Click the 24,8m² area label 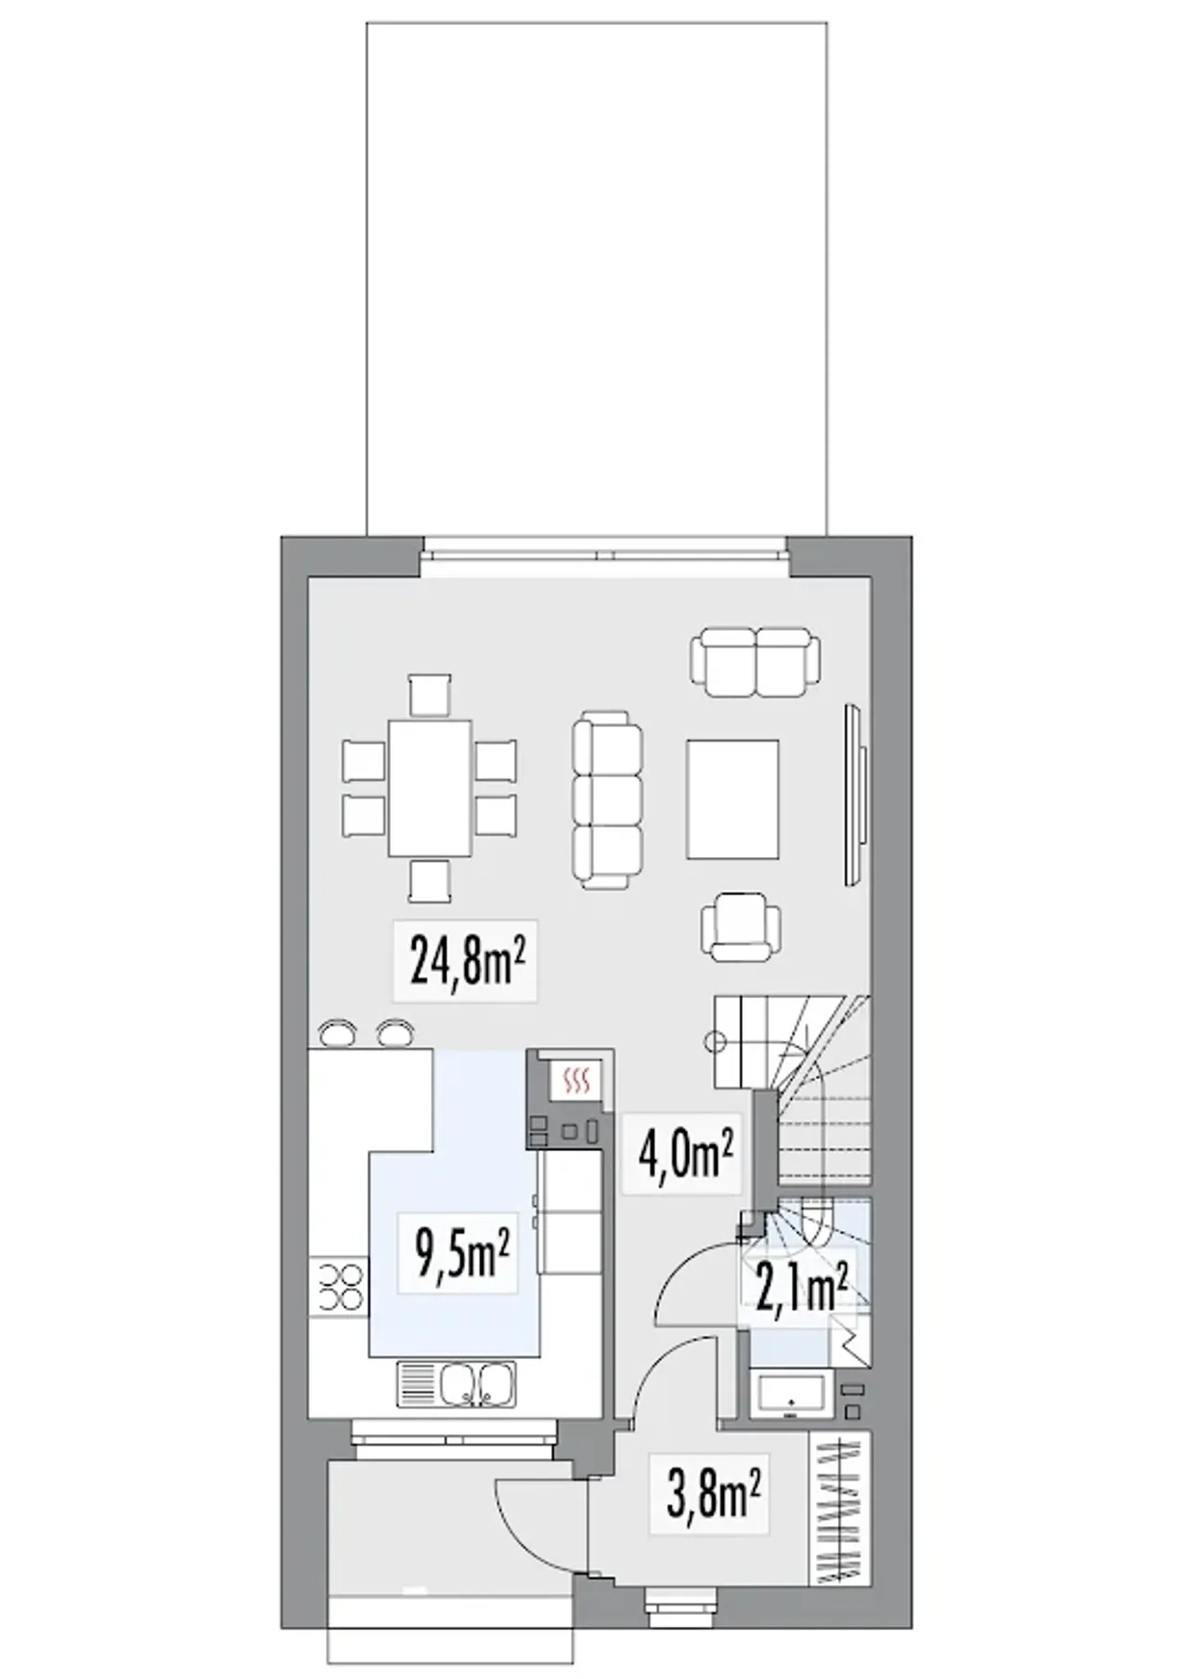[466, 961]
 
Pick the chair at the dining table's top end [430, 696]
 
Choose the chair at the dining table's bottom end [430, 880]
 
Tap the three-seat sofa [608, 801]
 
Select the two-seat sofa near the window [755, 661]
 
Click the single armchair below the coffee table [741, 927]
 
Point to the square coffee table [732, 799]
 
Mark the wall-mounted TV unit [856, 795]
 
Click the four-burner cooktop [339, 1287]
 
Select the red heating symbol [577, 1080]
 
